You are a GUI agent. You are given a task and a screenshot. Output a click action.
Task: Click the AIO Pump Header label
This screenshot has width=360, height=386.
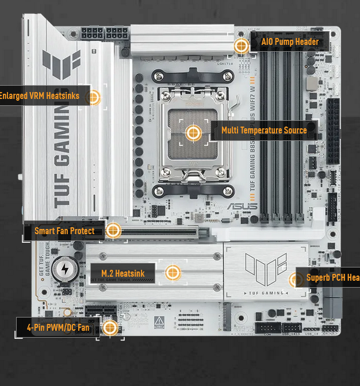tap(289, 41)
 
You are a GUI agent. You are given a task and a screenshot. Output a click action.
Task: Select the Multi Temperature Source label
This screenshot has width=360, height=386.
tap(264, 131)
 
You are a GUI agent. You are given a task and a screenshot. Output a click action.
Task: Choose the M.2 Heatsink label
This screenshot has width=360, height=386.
tap(122, 273)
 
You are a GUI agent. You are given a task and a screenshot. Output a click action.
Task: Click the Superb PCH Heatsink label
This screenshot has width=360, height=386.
tap(332, 278)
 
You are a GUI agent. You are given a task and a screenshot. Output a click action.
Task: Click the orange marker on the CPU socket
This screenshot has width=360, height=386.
tap(193, 133)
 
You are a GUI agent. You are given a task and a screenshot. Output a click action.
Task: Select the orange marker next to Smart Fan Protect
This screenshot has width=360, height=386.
tap(113, 231)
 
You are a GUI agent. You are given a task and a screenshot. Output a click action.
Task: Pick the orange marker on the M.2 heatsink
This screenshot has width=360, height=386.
tap(172, 273)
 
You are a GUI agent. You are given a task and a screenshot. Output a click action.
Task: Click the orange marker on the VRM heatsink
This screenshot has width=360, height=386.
tap(93, 96)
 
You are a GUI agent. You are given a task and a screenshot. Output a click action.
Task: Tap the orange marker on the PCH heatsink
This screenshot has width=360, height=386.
tap(295, 280)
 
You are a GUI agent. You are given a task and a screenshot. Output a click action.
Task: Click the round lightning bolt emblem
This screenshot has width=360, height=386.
tap(64, 268)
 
